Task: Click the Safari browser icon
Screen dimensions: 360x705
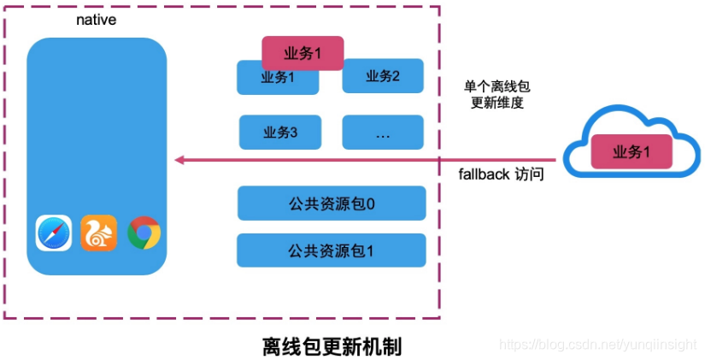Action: [x=54, y=233]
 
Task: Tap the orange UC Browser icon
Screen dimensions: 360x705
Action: [x=99, y=233]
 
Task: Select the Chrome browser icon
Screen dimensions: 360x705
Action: [x=144, y=233]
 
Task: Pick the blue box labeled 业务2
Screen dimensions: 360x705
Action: [x=383, y=76]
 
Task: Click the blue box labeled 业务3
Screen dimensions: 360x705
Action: [x=280, y=133]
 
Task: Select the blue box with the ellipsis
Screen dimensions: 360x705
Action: [x=383, y=133]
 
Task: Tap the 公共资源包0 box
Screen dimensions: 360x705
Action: [x=332, y=204]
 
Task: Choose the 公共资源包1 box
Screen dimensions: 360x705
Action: [x=332, y=250]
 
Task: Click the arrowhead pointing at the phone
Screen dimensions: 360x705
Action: [x=179, y=159]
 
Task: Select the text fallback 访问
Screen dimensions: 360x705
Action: [x=501, y=174]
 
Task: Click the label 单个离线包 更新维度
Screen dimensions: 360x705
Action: [x=497, y=94]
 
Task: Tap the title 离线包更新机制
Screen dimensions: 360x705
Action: [x=332, y=347]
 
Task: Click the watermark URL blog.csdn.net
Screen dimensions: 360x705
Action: [x=598, y=344]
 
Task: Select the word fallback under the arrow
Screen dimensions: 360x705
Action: [x=483, y=174]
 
